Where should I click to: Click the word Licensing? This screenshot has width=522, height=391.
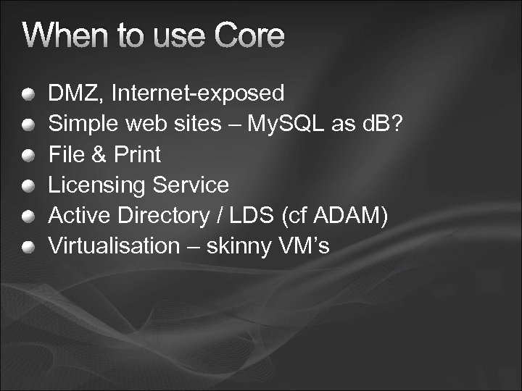(96, 185)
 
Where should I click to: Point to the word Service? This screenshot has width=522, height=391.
(190, 185)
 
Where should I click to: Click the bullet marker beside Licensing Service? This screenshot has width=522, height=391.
(27, 186)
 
